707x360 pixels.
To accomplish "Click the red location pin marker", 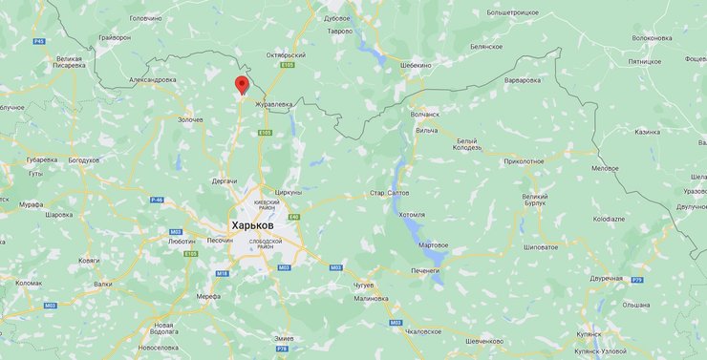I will click(242, 85).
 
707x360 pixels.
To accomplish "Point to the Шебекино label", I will click(415, 65).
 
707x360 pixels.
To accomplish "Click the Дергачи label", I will click(224, 180).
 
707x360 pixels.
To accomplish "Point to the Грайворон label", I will click(114, 37).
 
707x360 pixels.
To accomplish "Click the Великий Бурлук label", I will click(535, 201).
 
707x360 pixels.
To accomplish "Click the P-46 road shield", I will click(158, 200).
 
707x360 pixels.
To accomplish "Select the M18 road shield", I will click(222, 273).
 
